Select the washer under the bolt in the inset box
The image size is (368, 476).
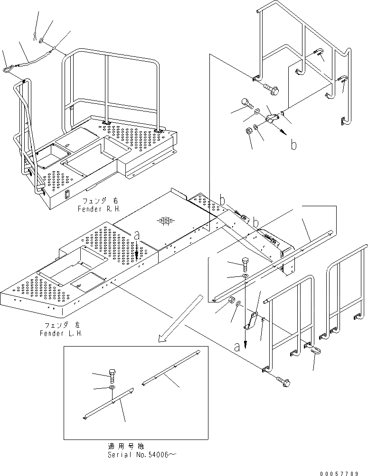tap(112, 388)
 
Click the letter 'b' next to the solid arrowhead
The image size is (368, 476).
tap(293, 145)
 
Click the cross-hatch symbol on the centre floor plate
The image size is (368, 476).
tap(165, 221)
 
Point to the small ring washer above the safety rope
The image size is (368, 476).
tap(42, 41)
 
